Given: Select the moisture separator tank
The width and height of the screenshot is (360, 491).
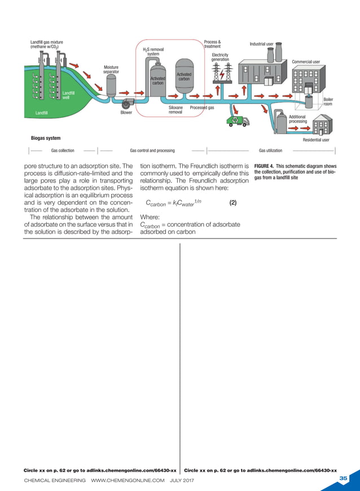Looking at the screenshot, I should click(x=111, y=86).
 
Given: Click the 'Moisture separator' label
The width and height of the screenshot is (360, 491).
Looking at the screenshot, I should click(x=111, y=69).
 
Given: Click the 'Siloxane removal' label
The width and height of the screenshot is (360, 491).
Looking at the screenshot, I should click(x=175, y=109).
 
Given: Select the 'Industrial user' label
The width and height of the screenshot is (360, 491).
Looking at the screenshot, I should click(x=261, y=44).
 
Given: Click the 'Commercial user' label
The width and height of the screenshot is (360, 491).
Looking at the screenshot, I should click(x=306, y=61).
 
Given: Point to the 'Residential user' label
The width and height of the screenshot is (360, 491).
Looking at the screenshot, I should click(x=316, y=139).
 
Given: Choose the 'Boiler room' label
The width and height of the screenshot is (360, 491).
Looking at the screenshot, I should click(x=328, y=101).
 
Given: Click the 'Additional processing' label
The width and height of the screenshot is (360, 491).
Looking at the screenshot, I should click(x=298, y=119).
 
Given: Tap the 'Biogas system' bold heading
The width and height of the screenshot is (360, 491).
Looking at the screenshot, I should click(x=46, y=138).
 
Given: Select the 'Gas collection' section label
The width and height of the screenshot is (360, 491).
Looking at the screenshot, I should click(x=63, y=151).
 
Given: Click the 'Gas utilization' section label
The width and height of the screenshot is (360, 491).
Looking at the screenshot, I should click(x=270, y=151).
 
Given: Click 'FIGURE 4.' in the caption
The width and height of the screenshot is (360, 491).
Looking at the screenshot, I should click(x=264, y=166).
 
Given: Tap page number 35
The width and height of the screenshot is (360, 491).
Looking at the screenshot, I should click(x=344, y=478).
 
